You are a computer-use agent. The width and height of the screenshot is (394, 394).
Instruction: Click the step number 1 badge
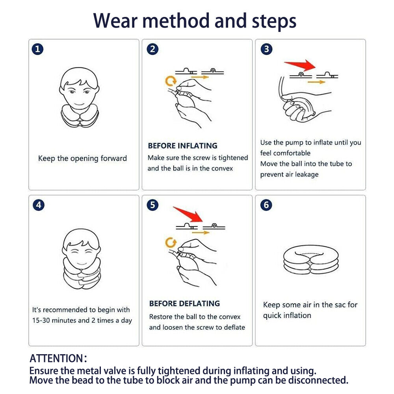point(38,49)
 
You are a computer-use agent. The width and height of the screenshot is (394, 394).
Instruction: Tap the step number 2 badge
point(152,49)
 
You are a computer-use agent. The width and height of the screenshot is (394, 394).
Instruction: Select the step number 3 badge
point(267,49)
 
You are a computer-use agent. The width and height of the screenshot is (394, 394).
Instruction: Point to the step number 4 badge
point(38,205)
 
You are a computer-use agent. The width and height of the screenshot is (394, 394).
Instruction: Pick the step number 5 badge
point(152,205)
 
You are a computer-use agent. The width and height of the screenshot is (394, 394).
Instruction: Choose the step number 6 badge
point(267,205)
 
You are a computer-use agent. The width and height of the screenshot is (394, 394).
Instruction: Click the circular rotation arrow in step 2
point(170,81)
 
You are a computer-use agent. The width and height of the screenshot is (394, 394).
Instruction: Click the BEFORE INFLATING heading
point(182,146)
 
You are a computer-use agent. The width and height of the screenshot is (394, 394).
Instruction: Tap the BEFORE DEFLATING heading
point(184,304)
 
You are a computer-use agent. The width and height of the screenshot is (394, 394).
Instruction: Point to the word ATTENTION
point(56,359)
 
